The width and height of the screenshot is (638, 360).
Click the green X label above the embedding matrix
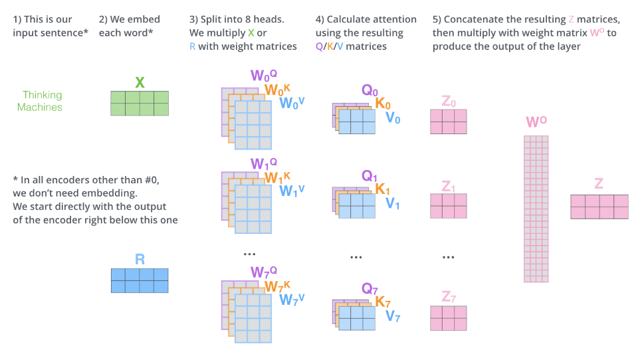tap(140, 82)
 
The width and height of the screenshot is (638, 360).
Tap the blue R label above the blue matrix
tap(140, 259)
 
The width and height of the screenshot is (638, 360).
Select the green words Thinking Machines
tap(41, 101)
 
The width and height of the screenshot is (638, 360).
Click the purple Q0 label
tap(370, 90)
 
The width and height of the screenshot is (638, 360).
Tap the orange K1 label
tap(383, 190)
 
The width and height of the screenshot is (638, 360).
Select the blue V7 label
tap(393, 316)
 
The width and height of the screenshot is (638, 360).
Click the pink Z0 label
tap(449, 102)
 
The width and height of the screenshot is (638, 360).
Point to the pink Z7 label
tap(449, 296)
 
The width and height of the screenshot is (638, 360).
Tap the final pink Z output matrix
tap(599, 207)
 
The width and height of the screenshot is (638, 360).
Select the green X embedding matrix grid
tap(140, 104)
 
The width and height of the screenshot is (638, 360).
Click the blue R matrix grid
tap(140, 280)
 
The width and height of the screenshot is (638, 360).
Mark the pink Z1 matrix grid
tap(449, 206)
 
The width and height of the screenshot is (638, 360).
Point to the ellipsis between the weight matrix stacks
tap(250, 255)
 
